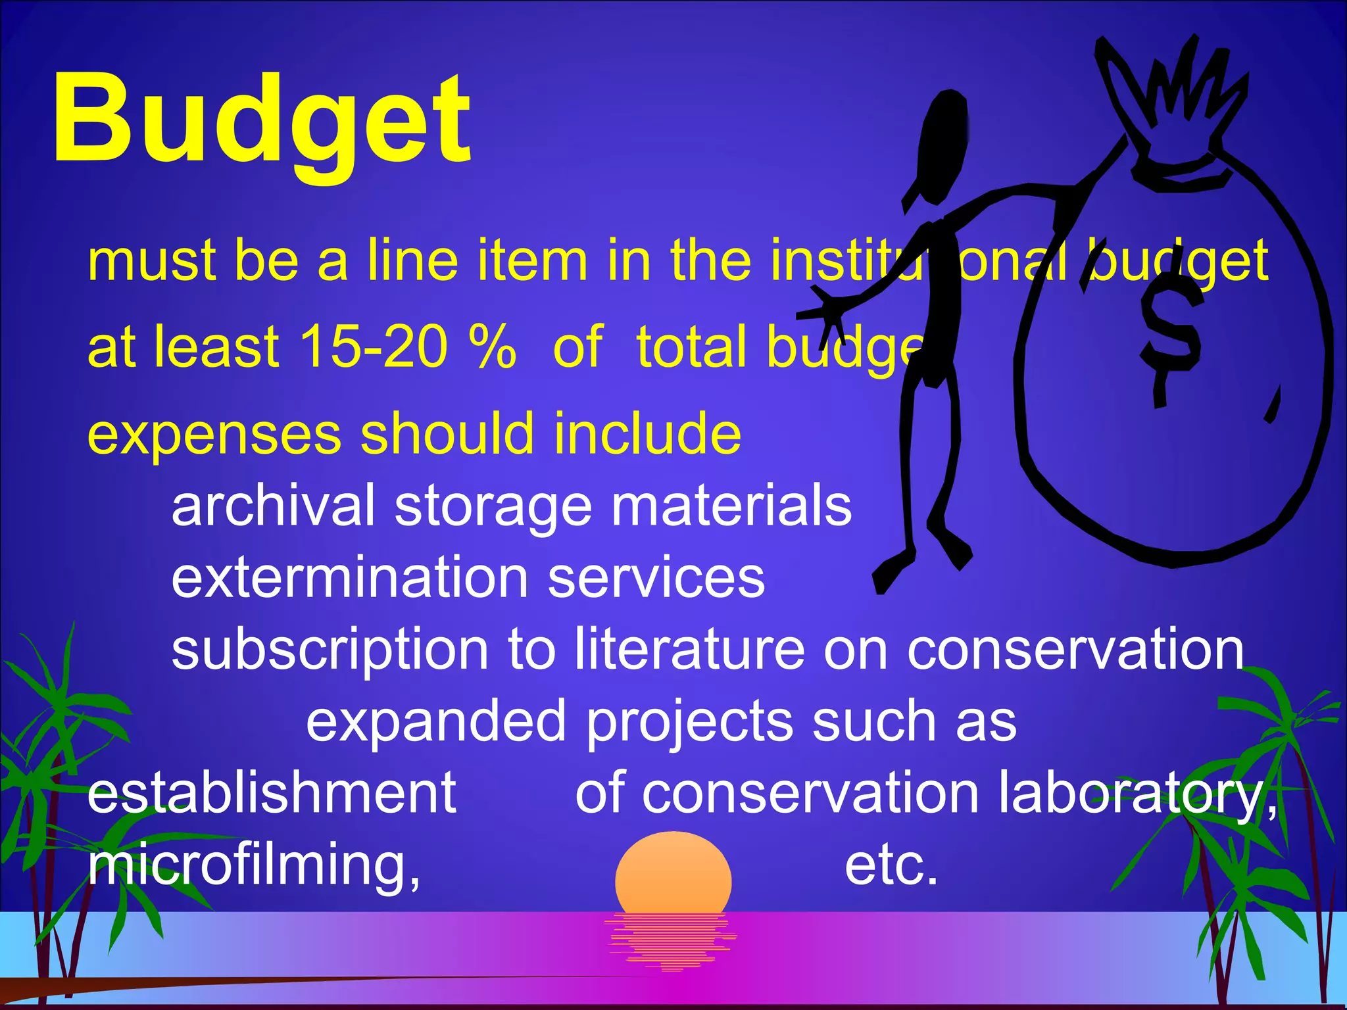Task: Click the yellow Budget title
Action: click(x=261, y=122)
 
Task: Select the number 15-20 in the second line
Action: click(x=373, y=347)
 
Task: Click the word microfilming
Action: click(x=254, y=865)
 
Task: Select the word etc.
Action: click(x=891, y=865)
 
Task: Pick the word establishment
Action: click(x=272, y=793)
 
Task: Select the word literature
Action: click(x=689, y=650)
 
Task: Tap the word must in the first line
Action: click(x=152, y=260)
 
